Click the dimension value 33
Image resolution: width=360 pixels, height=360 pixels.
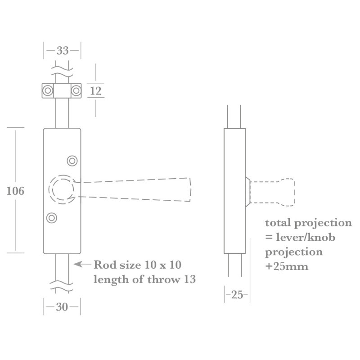click(x=63, y=50)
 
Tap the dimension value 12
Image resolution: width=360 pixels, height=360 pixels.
click(x=95, y=91)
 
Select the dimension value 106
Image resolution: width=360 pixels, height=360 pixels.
click(x=15, y=191)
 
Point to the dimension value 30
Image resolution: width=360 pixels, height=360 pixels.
click(x=62, y=307)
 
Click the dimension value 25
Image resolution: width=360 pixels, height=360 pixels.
click(x=237, y=295)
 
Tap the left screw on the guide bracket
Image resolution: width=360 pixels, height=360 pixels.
click(x=48, y=90)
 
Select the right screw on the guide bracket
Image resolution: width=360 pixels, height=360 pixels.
click(x=76, y=90)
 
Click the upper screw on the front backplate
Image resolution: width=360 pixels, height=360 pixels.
click(x=72, y=161)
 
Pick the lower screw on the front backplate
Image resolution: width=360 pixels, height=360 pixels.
click(x=52, y=218)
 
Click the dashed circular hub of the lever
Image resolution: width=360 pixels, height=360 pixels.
click(x=49, y=189)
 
